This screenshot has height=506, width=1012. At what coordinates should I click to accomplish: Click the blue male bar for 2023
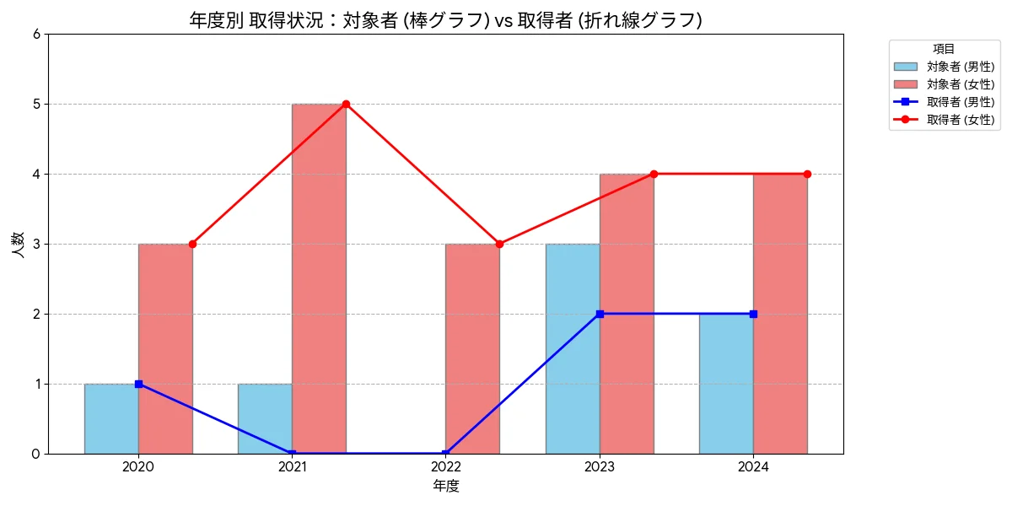[573, 349]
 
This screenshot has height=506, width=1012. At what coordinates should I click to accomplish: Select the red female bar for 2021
[319, 279]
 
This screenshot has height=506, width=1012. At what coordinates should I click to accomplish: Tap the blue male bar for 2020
[111, 419]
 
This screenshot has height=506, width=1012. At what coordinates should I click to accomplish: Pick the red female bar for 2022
[472, 349]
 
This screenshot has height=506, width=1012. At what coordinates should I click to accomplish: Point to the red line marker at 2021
[346, 104]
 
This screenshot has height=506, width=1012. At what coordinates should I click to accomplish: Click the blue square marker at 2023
[600, 314]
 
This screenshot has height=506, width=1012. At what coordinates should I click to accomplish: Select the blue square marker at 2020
[138, 384]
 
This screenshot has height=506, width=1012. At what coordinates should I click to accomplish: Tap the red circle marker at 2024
[807, 174]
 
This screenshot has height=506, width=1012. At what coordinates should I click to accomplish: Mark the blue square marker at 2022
[445, 454]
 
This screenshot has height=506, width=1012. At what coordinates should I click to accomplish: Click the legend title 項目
[944, 49]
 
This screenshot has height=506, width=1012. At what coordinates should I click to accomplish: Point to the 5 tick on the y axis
[35, 104]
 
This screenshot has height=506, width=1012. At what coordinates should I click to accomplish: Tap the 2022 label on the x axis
[445, 466]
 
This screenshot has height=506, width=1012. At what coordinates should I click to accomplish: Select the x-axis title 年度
[445, 486]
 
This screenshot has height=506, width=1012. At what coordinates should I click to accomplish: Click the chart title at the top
[445, 20]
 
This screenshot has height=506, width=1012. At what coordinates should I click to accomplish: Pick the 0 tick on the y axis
[35, 454]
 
